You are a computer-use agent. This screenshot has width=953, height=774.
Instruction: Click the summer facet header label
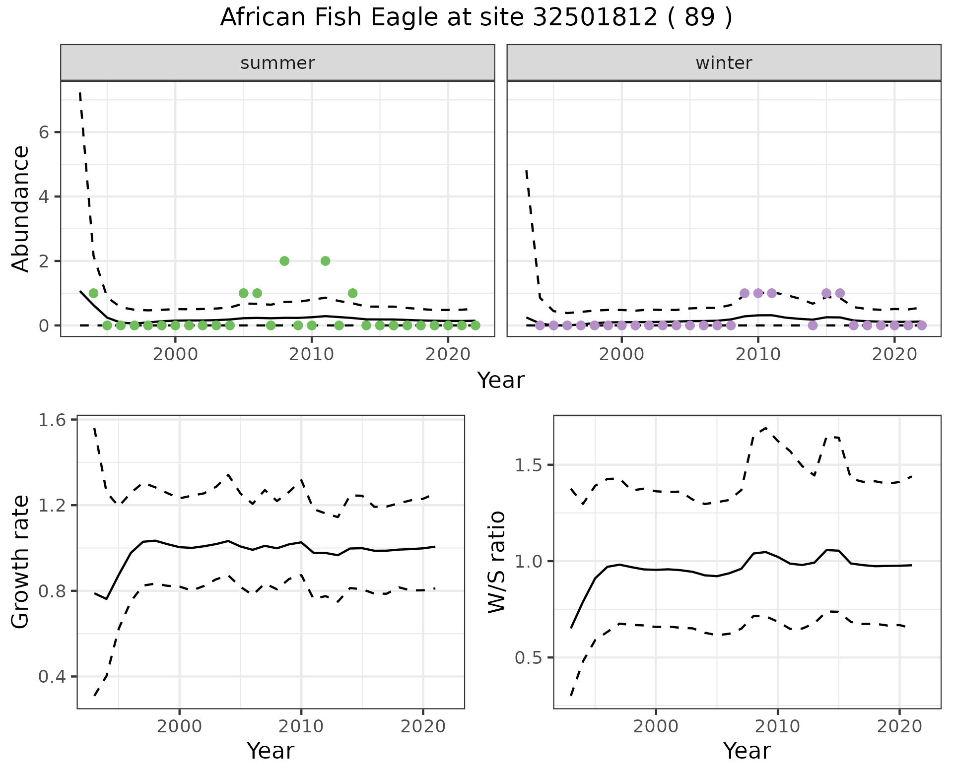(277, 63)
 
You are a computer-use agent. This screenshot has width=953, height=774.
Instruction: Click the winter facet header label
(724, 63)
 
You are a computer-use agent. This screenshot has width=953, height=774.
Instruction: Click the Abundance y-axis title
(21, 208)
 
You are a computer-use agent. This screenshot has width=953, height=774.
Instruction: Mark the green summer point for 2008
(284, 261)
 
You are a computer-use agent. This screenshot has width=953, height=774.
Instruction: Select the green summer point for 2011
(325, 261)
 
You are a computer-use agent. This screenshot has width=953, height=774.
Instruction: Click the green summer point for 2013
(352, 293)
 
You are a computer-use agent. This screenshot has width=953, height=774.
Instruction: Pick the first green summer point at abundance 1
(93, 293)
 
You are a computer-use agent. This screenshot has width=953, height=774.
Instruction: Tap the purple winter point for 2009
(744, 293)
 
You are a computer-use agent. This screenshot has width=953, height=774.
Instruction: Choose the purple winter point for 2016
(840, 293)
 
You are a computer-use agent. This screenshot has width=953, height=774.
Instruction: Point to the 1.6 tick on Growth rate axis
(51, 420)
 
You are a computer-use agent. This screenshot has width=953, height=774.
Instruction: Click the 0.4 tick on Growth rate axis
(51, 677)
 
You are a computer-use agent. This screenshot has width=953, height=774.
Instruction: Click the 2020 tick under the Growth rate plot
(423, 727)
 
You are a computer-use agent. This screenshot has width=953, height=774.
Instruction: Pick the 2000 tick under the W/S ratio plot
(656, 727)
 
